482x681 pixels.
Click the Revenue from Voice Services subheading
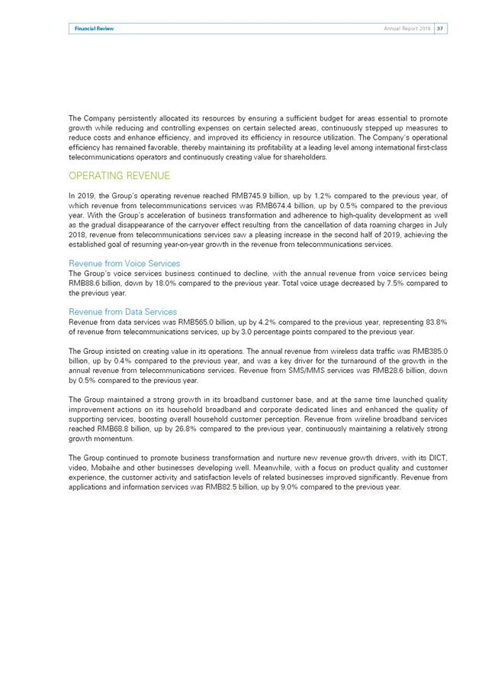pos(124,263)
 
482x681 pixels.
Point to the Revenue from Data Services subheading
pos(123,311)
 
